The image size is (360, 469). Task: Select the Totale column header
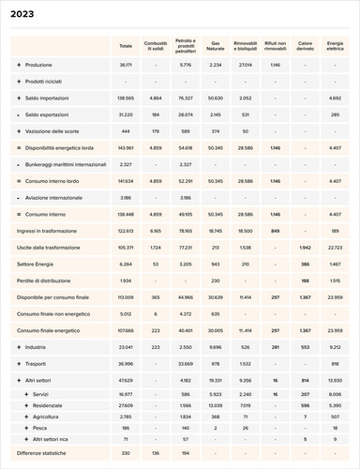126,44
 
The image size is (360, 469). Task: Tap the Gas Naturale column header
216,44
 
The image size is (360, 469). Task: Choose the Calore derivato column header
305,44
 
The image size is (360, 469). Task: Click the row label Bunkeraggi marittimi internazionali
65,164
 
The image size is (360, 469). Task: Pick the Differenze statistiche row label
45,454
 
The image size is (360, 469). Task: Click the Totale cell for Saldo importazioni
126,98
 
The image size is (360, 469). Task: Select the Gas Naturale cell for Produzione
216,65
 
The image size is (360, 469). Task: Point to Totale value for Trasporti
126,363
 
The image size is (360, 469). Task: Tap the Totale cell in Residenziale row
126,404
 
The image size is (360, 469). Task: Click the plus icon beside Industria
19,347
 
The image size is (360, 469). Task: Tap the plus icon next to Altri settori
19,380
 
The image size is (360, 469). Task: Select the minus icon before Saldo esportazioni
19,114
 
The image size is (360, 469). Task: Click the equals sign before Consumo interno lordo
19,181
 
